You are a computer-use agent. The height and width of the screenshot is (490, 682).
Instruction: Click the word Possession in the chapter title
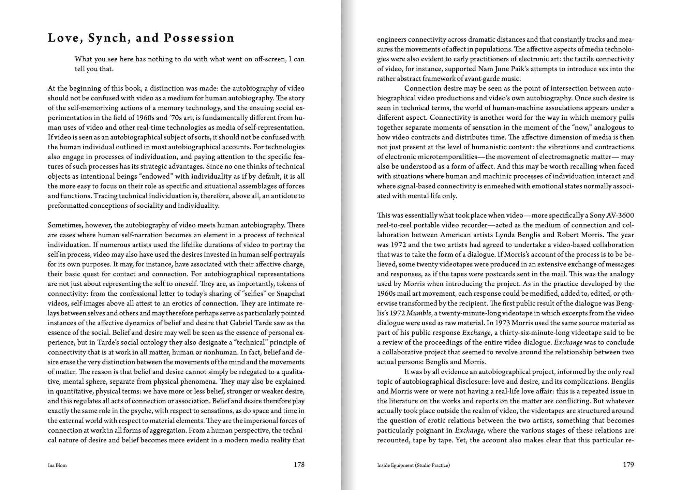[199, 38]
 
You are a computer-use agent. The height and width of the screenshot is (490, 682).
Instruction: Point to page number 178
[299, 464]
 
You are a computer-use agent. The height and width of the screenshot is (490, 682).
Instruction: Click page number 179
[628, 464]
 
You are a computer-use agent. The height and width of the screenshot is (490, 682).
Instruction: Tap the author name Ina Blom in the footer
[57, 465]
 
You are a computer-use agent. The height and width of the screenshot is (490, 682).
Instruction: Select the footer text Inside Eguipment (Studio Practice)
[413, 465]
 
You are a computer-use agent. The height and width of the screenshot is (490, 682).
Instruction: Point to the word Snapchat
[291, 294]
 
